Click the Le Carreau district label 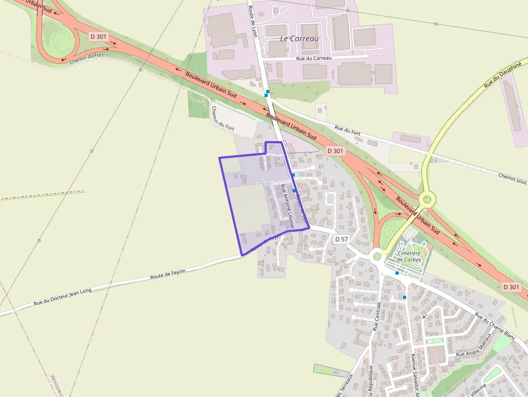300,39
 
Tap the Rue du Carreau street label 314,58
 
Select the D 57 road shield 341,239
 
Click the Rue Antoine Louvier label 286,207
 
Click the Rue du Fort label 347,129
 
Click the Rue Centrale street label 377,316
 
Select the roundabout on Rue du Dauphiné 427,200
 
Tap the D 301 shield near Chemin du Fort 99,37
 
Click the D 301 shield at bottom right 511,287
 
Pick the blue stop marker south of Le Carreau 267,92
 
